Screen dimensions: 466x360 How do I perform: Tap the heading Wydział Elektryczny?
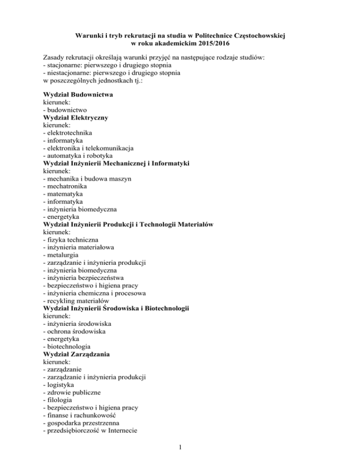(x=75, y=118)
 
